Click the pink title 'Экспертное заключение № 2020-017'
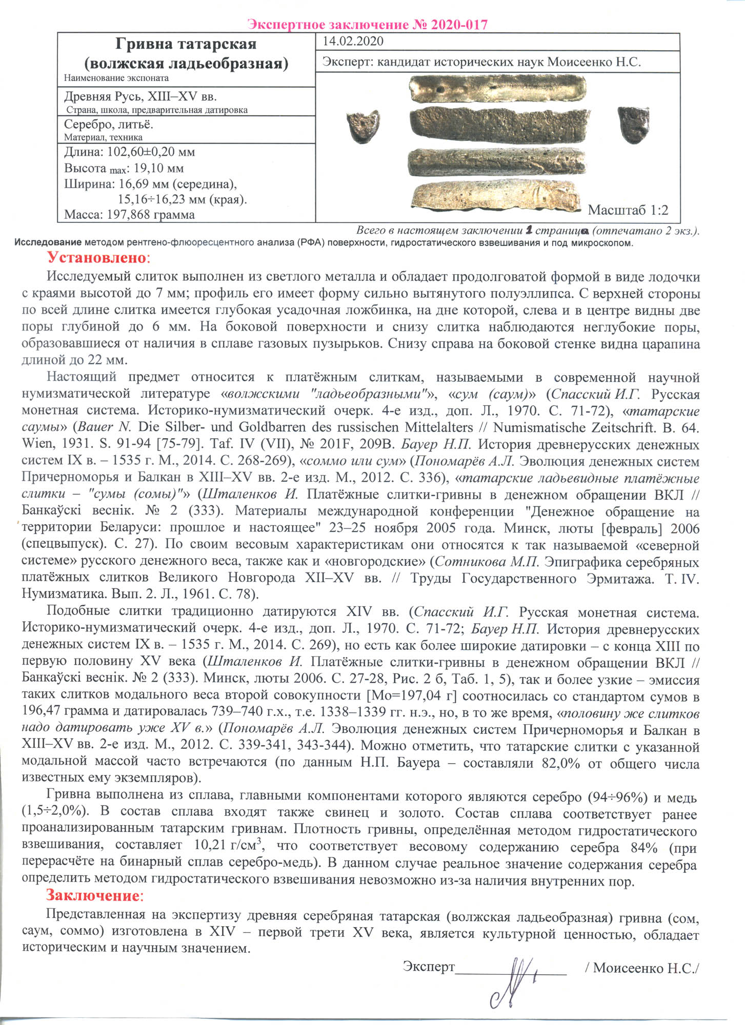(x=367, y=24)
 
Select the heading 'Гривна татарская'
(x=186, y=44)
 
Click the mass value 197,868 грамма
(x=151, y=215)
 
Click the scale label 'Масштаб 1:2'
(x=628, y=210)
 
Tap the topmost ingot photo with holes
(x=497, y=89)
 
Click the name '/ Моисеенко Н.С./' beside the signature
(x=642, y=968)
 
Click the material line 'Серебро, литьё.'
(x=109, y=125)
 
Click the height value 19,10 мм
(x=158, y=169)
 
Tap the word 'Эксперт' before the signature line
(x=429, y=967)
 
